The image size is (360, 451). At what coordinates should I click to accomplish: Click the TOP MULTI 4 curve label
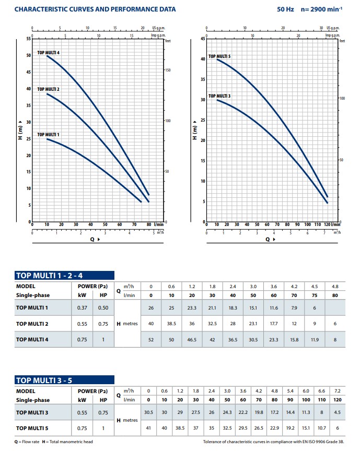tap(49, 53)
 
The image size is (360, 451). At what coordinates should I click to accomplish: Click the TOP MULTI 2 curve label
tap(49, 89)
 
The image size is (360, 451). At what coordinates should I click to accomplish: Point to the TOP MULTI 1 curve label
tap(49, 135)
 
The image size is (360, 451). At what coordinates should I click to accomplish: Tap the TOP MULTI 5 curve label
tap(219, 56)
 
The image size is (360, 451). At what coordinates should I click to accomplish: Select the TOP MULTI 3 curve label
tap(219, 96)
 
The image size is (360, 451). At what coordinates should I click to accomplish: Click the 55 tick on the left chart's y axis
tap(29, 39)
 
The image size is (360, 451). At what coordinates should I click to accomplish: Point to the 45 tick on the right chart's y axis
tap(203, 39)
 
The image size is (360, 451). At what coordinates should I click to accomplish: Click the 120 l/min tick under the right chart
tap(327, 224)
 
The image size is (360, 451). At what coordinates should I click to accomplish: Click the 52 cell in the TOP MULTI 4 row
tap(152, 339)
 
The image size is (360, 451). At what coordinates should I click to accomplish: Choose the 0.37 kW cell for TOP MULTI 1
tap(82, 308)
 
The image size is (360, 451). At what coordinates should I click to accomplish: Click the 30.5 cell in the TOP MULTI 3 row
tap(148, 412)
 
